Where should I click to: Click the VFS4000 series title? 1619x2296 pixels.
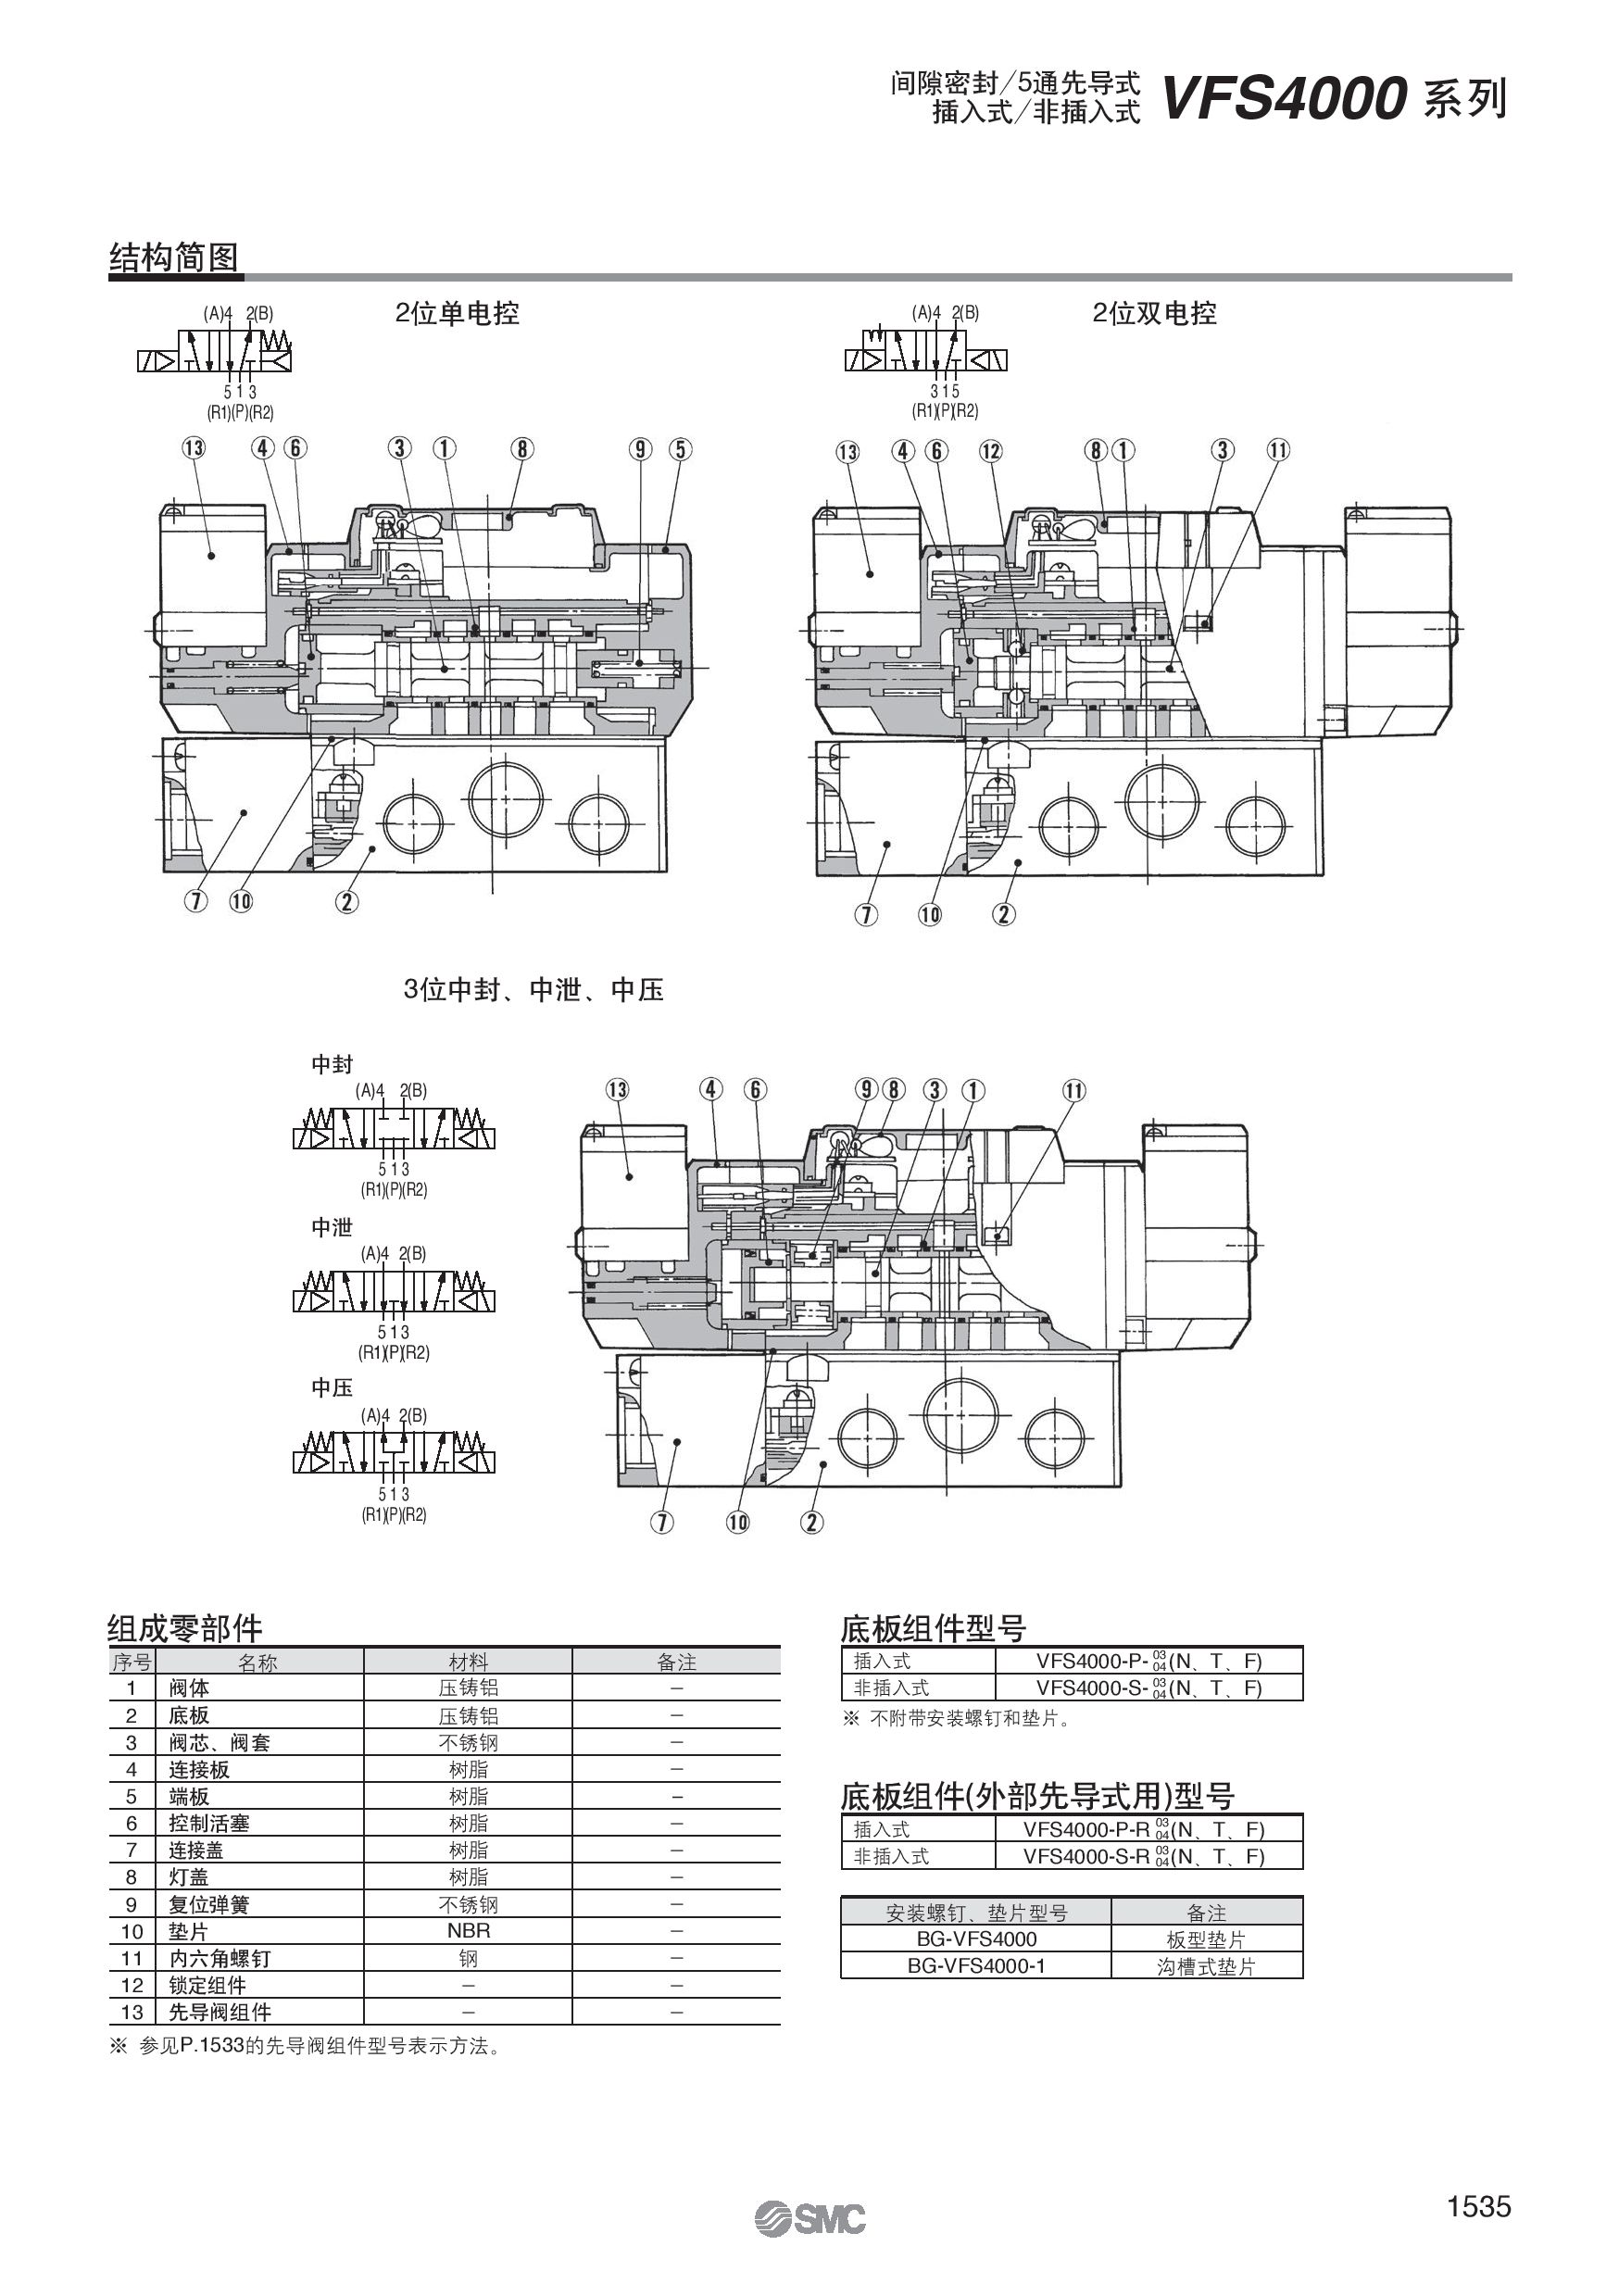[1333, 100]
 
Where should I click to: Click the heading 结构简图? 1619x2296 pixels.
[173, 258]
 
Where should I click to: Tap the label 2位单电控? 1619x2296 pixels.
[457, 314]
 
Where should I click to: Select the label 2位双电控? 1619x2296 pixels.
[1154, 314]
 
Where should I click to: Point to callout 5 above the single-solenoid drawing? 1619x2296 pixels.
[680, 449]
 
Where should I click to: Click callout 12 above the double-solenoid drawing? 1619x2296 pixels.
[990, 451]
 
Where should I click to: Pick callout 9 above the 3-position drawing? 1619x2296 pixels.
[866, 1090]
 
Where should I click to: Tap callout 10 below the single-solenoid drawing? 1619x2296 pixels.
[241, 901]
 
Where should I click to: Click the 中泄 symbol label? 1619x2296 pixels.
[332, 1227]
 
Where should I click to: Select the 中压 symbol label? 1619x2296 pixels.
[332, 1387]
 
